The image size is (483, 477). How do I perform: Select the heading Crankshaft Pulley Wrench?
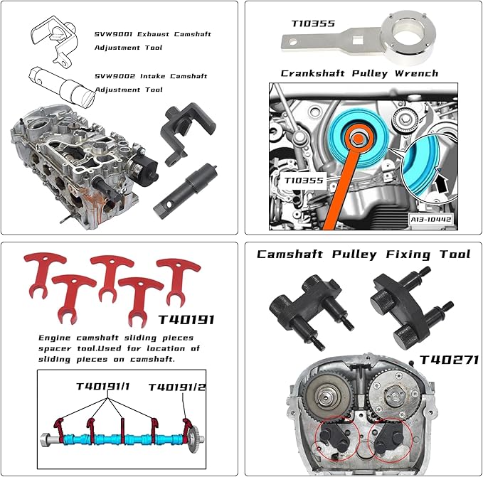tap(359, 73)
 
